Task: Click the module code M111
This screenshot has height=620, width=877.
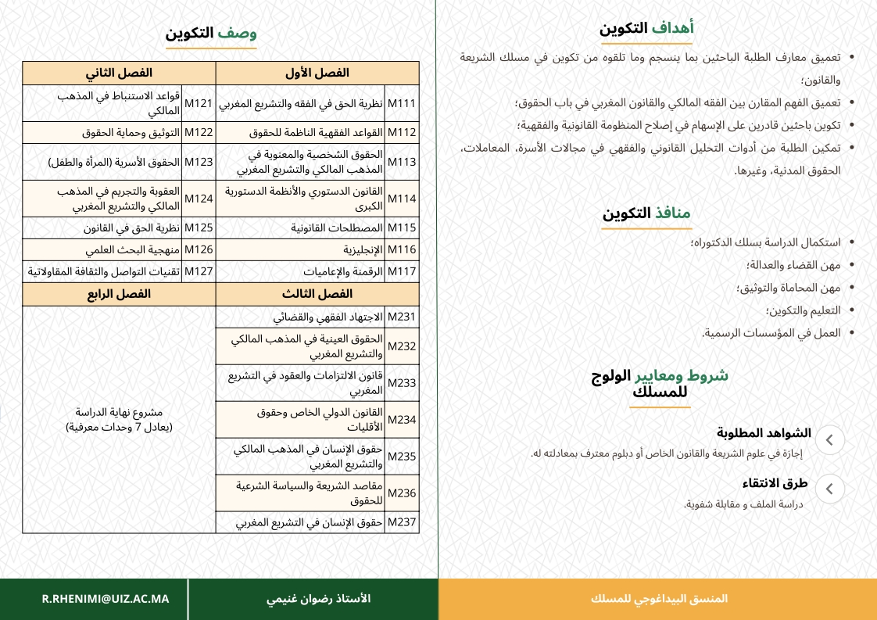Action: [402, 103]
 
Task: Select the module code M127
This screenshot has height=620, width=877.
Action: [199, 271]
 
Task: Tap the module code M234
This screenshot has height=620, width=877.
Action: [402, 420]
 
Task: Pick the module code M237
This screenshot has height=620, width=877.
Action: [402, 522]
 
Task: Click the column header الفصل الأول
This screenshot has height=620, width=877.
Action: [317, 73]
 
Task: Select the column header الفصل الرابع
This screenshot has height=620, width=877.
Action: [119, 294]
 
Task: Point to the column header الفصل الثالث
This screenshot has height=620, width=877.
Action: [317, 294]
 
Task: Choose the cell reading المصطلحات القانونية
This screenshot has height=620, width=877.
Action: [337, 228]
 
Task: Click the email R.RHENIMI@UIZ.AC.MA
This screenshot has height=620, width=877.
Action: [106, 599]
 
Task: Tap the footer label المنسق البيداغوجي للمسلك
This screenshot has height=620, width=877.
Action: [659, 599]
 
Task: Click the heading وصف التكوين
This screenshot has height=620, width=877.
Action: [211, 34]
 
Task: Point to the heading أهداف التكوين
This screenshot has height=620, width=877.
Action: [646, 29]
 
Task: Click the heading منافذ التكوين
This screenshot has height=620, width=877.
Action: [646, 213]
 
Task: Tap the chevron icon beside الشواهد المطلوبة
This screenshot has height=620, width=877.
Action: [829, 439]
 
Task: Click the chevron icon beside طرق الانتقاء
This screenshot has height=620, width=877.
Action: [829, 489]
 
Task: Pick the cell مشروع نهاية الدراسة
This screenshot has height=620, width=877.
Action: [119, 420]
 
